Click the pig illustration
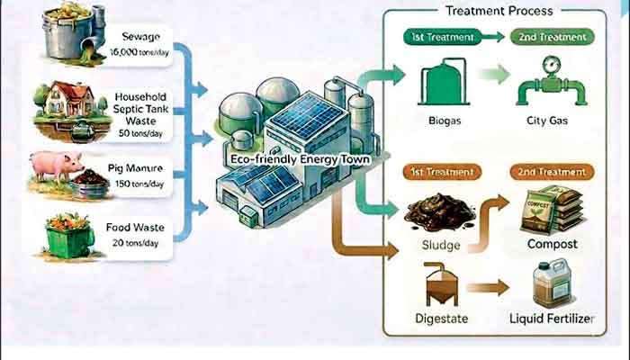(x=57, y=166)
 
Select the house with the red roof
(x=68, y=98)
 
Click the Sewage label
(x=140, y=37)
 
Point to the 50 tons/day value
(x=140, y=133)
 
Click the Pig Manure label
(x=135, y=168)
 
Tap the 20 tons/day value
(x=135, y=243)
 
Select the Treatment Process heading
(x=499, y=11)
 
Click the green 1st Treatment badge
(x=443, y=37)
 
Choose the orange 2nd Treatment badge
(x=552, y=172)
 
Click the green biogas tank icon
(x=444, y=83)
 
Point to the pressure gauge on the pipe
(x=551, y=64)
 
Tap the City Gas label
(x=547, y=121)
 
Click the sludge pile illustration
(x=439, y=212)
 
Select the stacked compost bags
(x=552, y=210)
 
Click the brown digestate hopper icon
(x=442, y=284)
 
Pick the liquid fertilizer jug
(x=553, y=283)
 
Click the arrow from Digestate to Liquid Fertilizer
(x=488, y=288)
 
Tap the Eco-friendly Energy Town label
(x=300, y=159)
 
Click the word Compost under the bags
(x=553, y=244)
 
